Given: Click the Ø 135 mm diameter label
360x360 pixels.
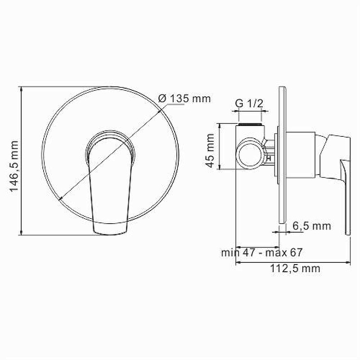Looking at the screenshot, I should click(184, 99).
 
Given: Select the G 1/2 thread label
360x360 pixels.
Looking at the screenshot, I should click(249, 103).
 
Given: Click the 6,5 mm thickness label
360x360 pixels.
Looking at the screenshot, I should click(311, 226).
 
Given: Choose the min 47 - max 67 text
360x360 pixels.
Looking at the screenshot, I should click(261, 252).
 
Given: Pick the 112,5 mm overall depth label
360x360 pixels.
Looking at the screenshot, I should click(295, 269).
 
